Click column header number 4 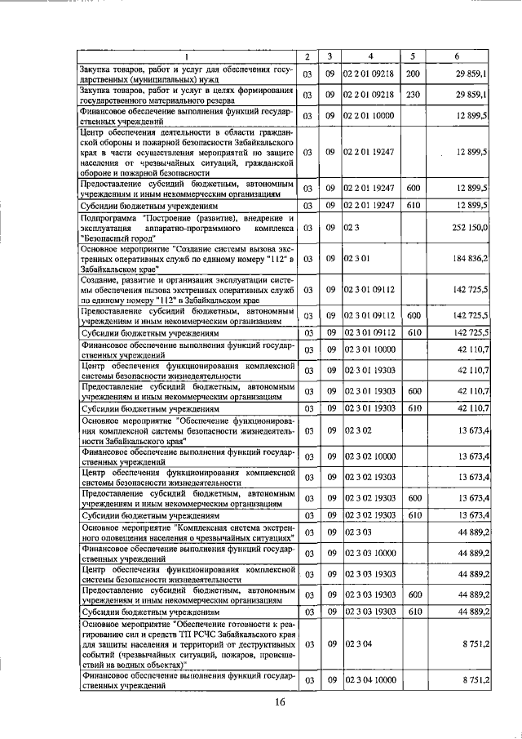pos(370,56)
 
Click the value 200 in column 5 pos(413,74)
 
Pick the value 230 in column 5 pos(413,95)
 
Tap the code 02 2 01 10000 pos(369,116)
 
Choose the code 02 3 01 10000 pos(369,349)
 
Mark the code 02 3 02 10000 pos(369,456)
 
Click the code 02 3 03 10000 pos(369,553)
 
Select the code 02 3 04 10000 pos(369,680)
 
